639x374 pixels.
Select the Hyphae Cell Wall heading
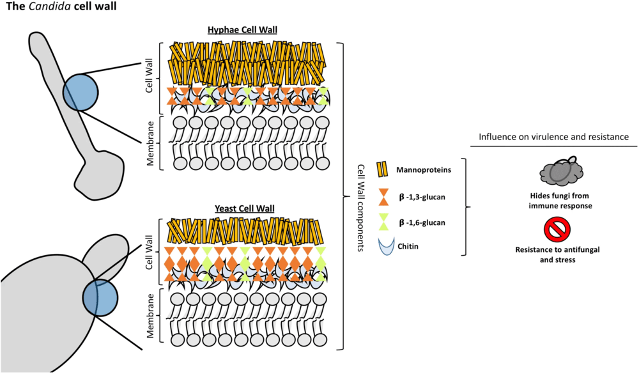(x=247, y=31)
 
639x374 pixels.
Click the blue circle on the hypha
(x=80, y=91)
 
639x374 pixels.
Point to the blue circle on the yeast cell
(x=100, y=297)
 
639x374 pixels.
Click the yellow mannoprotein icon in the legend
(x=383, y=169)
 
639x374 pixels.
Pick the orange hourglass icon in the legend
(x=383, y=196)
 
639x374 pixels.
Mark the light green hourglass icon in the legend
(x=383, y=222)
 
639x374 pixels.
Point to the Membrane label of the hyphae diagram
(x=150, y=143)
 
